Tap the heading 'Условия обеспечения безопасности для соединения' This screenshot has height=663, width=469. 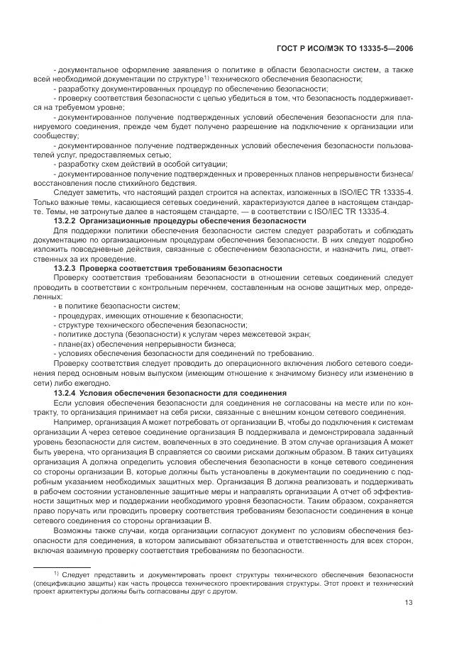183,392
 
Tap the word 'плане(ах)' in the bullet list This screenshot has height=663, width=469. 74,342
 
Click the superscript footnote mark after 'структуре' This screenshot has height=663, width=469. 206,76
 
